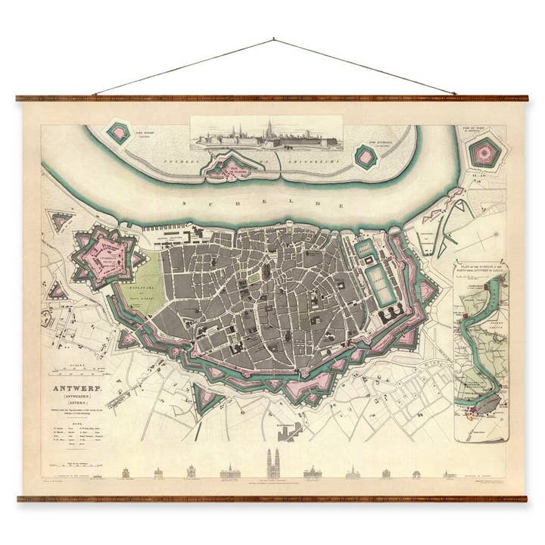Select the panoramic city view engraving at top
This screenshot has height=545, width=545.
265,134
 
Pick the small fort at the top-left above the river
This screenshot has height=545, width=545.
118,133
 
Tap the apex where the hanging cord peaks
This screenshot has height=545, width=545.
273,39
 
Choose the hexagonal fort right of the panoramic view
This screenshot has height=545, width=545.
366,156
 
